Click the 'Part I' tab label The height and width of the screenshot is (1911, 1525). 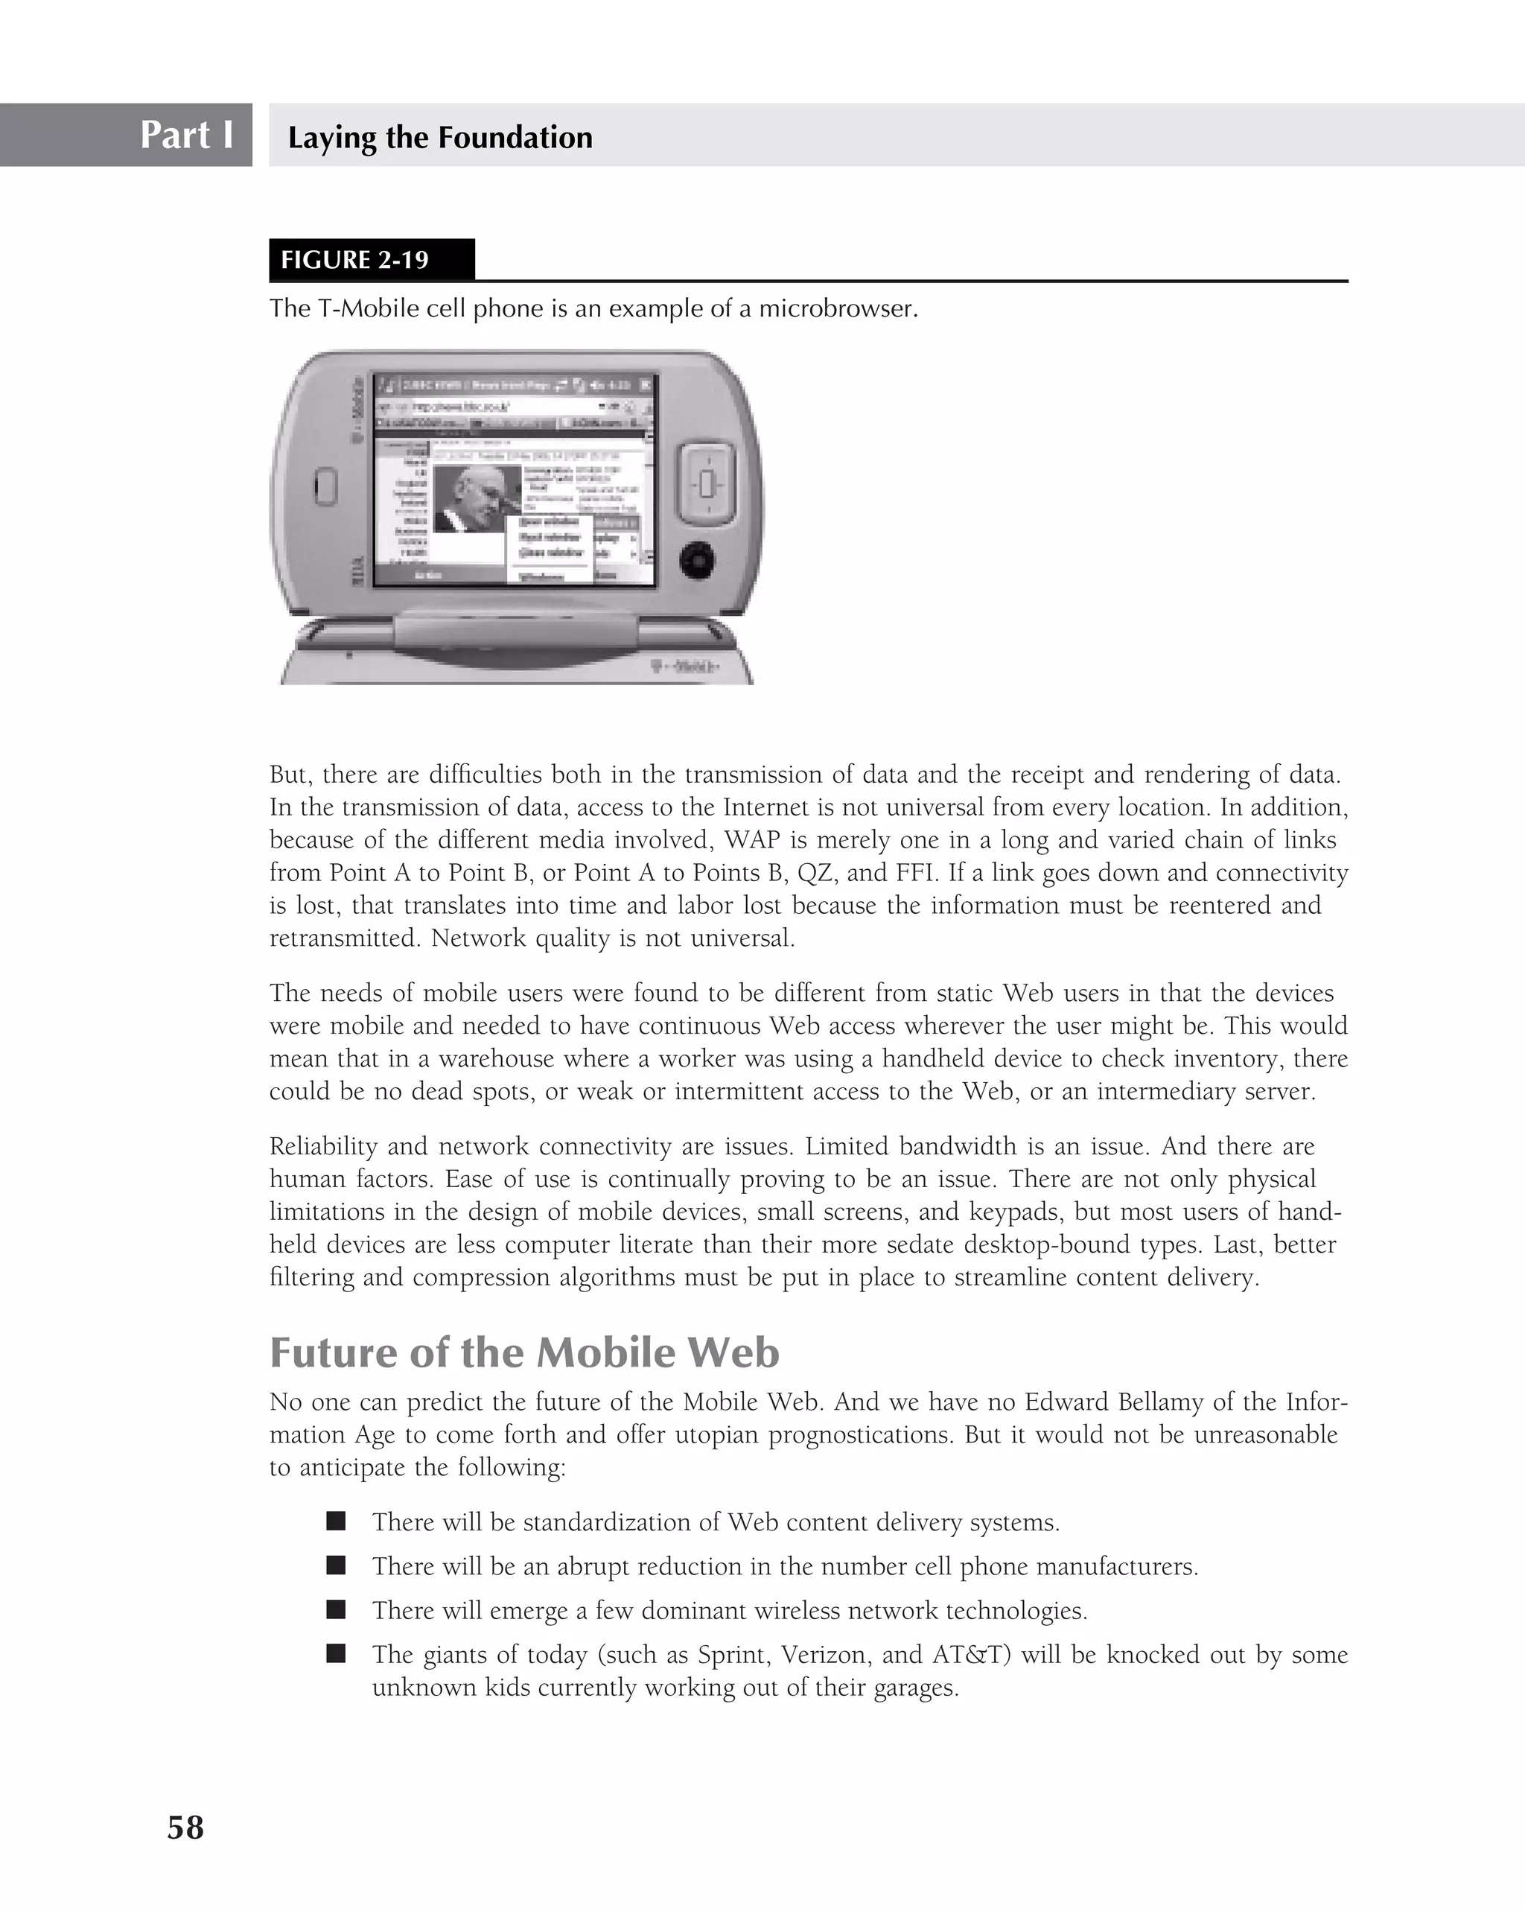tap(186, 135)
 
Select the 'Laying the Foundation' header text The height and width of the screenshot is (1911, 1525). tap(439, 137)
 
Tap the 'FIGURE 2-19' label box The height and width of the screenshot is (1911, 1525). tap(354, 260)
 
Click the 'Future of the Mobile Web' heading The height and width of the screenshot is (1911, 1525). tap(523, 1352)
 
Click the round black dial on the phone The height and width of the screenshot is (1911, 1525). tap(698, 560)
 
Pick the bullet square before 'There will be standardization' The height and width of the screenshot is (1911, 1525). tap(336, 1521)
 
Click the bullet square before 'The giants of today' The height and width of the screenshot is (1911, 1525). tap(336, 1653)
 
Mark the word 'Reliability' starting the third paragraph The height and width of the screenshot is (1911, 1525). tap(325, 1146)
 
